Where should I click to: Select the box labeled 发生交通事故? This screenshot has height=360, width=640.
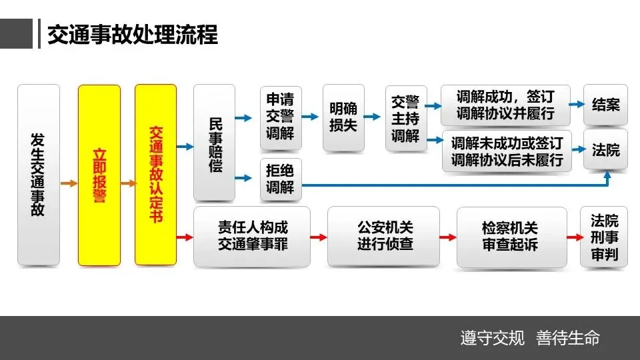(38, 175)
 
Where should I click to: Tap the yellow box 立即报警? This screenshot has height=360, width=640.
(99, 175)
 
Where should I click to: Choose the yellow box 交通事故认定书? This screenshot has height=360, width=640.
(155, 175)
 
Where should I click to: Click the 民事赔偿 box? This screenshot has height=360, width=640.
(214, 143)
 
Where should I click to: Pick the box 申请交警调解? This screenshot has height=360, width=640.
(280, 118)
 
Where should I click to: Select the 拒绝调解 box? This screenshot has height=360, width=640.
(280, 179)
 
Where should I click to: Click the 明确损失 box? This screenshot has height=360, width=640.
(343, 117)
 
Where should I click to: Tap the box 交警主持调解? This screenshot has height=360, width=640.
(405, 118)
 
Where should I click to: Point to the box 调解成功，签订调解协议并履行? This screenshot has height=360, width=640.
(505, 105)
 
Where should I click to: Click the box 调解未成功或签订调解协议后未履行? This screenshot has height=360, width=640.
(507, 151)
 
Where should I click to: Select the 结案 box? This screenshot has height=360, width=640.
(605, 105)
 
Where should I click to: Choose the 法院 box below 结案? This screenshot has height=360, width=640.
(605, 150)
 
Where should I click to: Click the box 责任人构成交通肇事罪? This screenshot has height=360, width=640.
(252, 236)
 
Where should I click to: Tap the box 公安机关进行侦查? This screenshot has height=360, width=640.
(384, 236)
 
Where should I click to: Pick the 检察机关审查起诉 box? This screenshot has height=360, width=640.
(511, 237)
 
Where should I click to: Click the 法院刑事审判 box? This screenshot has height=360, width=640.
(604, 237)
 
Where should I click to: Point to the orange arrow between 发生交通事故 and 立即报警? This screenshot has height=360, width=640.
(69, 182)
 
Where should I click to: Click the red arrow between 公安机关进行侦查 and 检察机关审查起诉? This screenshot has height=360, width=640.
(448, 237)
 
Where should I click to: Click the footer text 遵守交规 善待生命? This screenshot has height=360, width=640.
(530, 338)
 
